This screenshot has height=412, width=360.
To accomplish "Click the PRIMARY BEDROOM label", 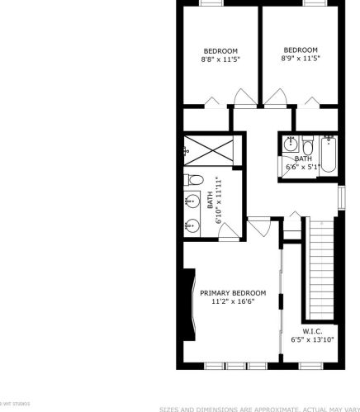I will pyautogui.click(x=232, y=293).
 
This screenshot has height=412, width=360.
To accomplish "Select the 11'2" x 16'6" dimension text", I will pyautogui.click(x=232, y=302).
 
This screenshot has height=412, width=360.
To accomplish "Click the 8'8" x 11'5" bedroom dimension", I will pyautogui.click(x=220, y=59).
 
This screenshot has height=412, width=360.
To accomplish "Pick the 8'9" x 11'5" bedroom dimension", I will pyautogui.click(x=300, y=59).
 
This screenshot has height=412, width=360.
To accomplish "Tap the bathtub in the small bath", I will pyautogui.click(x=329, y=156).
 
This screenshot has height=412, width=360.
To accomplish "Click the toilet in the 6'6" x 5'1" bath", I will pyautogui.click(x=307, y=145).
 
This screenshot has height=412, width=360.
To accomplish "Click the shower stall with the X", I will pyautogui.click(x=212, y=150).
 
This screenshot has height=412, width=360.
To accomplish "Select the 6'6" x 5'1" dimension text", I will pyautogui.click(x=302, y=167).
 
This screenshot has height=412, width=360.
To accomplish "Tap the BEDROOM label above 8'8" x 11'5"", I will pyautogui.click(x=220, y=50).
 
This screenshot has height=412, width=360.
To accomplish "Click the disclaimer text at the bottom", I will pyautogui.click(x=258, y=408).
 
